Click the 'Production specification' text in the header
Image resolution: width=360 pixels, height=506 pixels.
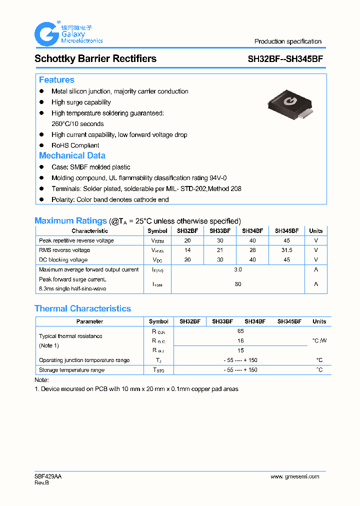[x=287, y=41]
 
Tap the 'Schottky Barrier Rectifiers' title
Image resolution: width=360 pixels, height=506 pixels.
[x=95, y=58]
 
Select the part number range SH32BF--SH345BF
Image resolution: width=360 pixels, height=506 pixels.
[x=285, y=58]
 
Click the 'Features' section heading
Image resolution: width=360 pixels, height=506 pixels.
[x=56, y=80]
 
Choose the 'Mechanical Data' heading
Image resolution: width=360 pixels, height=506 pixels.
[x=72, y=155]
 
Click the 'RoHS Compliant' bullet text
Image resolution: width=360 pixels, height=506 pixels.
[x=75, y=145]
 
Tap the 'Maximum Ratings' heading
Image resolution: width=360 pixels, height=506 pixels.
[x=70, y=220]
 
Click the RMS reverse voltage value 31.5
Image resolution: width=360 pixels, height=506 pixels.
[x=286, y=250]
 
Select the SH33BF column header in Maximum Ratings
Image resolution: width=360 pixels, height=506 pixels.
[x=220, y=231]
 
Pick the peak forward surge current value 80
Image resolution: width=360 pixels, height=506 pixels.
[x=238, y=284]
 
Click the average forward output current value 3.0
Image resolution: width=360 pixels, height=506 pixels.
[x=238, y=269]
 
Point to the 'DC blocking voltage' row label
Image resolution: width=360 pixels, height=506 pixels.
[x=63, y=260]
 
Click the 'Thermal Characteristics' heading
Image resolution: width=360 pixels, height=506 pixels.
[x=82, y=308]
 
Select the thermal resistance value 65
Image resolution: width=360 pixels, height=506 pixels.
[x=240, y=331]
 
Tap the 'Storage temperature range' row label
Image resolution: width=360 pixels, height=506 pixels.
[x=71, y=370]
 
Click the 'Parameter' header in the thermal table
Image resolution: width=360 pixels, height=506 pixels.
[x=89, y=321]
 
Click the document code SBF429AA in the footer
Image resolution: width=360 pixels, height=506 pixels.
[x=48, y=476]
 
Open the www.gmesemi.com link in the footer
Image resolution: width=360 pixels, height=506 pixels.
[x=294, y=476]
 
